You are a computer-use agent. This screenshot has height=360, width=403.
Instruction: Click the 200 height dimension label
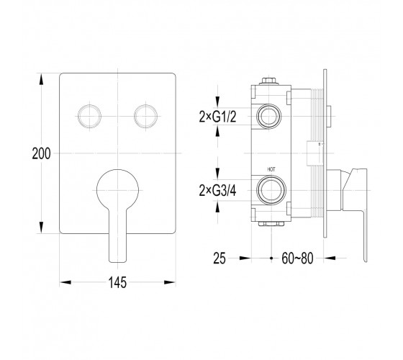pos(41,153)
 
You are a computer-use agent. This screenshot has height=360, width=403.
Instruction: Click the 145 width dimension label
pos(117,282)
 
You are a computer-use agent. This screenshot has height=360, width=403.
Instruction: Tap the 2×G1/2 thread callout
pos(217,117)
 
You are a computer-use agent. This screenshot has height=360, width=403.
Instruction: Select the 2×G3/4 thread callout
pos(217,191)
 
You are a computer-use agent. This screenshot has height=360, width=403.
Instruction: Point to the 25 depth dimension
pos(219,258)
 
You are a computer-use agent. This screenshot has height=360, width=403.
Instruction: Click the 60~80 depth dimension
pos(297,258)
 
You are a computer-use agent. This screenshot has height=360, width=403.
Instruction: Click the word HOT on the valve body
pos(271,169)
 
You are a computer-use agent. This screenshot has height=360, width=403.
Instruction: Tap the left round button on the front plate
pos(89,116)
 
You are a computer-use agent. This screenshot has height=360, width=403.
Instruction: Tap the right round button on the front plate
pos(145,116)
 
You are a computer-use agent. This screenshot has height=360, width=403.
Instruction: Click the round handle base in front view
pos(118,190)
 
